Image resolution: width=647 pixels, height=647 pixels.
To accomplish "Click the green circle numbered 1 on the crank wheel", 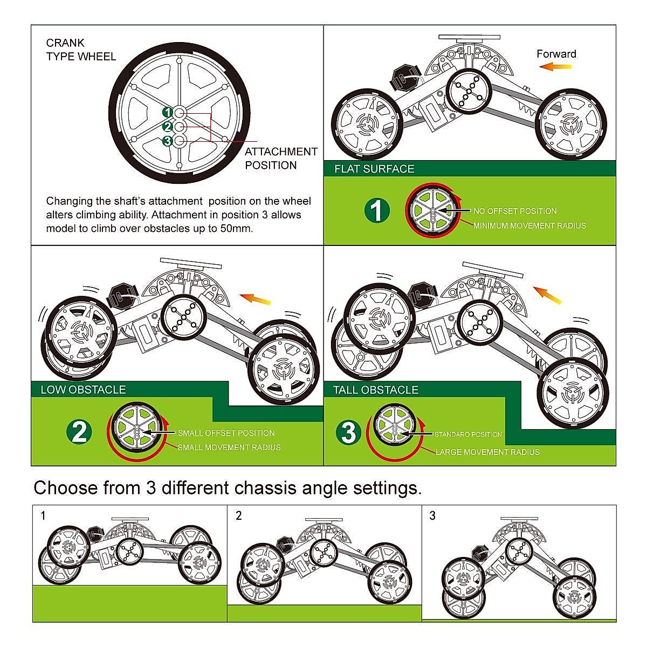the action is pyautogui.click(x=168, y=112).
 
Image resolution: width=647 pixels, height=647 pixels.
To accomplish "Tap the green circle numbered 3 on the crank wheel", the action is pyautogui.click(x=168, y=141).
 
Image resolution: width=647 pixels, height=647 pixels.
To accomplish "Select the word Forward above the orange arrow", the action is pyautogui.click(x=556, y=54).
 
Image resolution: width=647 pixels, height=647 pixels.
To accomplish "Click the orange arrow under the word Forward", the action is pyautogui.click(x=555, y=67).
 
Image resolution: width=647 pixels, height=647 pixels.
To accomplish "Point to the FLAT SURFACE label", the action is pyautogui.click(x=374, y=169).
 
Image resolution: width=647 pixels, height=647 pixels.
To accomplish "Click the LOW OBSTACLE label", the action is pyautogui.click(x=83, y=389).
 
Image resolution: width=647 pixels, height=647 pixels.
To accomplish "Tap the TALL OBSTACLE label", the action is pyautogui.click(x=376, y=390).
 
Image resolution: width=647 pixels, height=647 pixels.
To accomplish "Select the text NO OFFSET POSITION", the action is pyautogui.click(x=515, y=211).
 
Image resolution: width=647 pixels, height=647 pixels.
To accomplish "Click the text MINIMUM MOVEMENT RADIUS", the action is pyautogui.click(x=529, y=225).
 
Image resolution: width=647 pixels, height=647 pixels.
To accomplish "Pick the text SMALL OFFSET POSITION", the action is pyautogui.click(x=226, y=433).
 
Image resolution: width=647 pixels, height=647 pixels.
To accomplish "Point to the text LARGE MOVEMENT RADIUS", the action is pyautogui.click(x=487, y=452).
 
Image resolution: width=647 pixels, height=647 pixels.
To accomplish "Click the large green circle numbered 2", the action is pyautogui.click(x=79, y=432).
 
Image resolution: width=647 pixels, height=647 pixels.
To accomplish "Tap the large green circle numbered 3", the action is pyautogui.click(x=348, y=432).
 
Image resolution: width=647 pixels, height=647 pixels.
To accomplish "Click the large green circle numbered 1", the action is pyautogui.click(x=377, y=211).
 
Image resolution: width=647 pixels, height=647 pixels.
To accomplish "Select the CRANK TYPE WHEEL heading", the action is pyautogui.click(x=81, y=50).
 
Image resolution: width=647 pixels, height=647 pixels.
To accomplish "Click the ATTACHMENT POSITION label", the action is pyautogui.click(x=281, y=159).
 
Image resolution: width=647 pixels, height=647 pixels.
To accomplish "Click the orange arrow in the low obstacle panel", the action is pyautogui.click(x=255, y=299).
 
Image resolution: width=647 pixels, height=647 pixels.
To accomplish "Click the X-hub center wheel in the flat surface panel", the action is pyautogui.click(x=470, y=91).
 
